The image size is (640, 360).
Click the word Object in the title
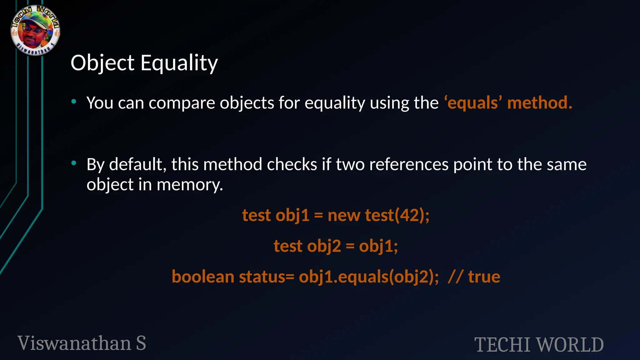click(x=102, y=63)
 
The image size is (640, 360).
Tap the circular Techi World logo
click(x=35, y=30)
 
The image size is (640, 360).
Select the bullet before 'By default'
click(x=74, y=163)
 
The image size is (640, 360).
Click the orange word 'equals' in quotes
click(x=472, y=103)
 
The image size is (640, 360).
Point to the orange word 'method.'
click(x=540, y=103)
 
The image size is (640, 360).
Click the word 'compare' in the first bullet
click(x=182, y=103)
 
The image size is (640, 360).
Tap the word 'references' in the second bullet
click(x=409, y=164)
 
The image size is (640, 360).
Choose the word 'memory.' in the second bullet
click(x=190, y=184)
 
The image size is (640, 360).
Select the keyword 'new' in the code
click(x=344, y=215)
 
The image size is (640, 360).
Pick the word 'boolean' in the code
click(x=203, y=277)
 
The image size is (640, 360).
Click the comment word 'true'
click(x=484, y=277)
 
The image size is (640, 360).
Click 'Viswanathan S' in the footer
click(x=82, y=343)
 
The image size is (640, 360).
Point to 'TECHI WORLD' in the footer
click(x=539, y=345)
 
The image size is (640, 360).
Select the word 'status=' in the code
click(x=267, y=277)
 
